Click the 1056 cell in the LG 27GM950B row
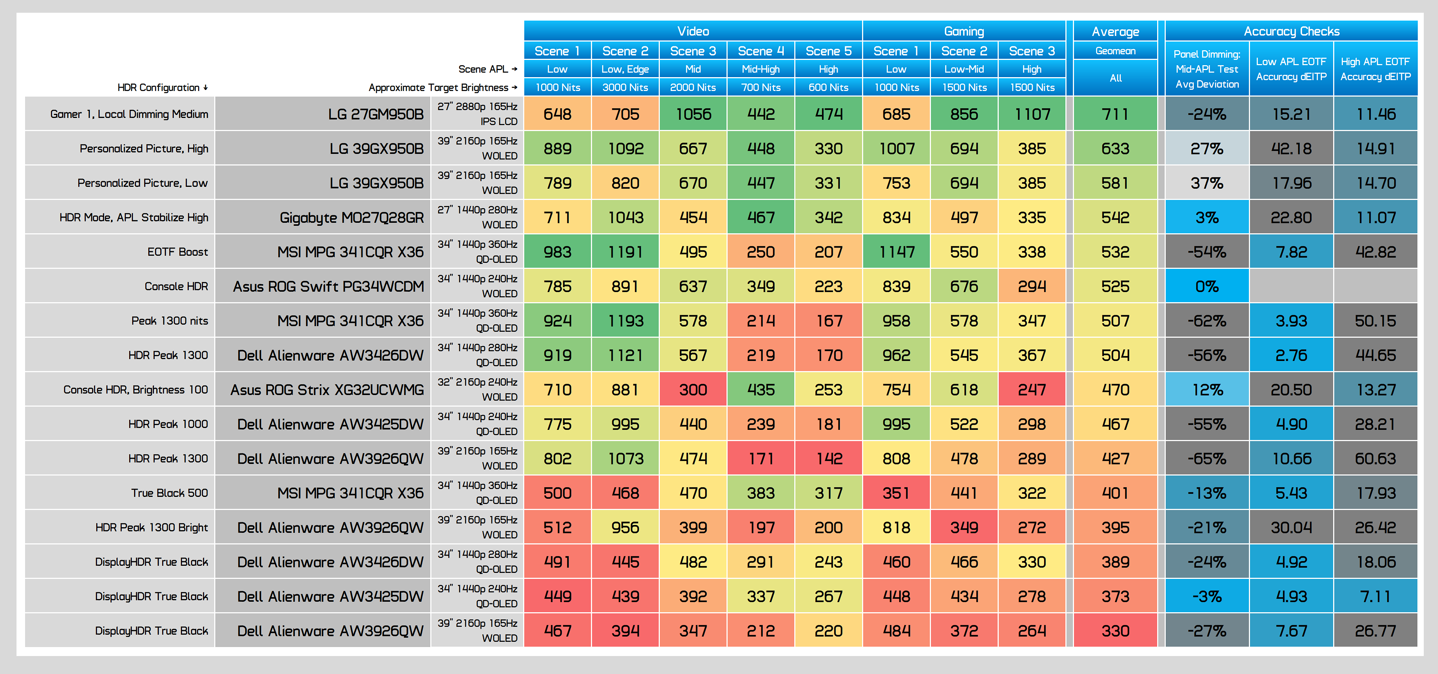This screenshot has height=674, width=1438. [693, 114]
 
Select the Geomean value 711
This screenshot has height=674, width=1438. [1115, 114]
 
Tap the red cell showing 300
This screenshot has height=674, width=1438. [693, 389]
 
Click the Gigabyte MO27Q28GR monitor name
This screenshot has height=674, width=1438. [352, 218]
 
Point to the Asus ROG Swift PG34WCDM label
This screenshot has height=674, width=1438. [328, 286]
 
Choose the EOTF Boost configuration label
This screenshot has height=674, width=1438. [178, 252]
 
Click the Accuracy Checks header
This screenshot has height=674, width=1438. [1291, 31]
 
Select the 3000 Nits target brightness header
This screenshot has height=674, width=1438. [625, 87]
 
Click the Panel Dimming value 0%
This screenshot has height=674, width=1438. [1207, 286]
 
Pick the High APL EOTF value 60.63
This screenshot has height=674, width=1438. [1375, 459]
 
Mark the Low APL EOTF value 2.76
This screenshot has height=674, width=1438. [1291, 355]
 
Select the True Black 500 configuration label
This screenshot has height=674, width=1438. [170, 493]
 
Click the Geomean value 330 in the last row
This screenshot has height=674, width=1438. [1115, 631]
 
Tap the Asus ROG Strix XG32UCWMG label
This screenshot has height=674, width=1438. [327, 389]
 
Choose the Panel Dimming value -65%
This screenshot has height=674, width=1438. [1207, 459]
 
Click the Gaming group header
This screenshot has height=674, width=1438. [964, 31]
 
